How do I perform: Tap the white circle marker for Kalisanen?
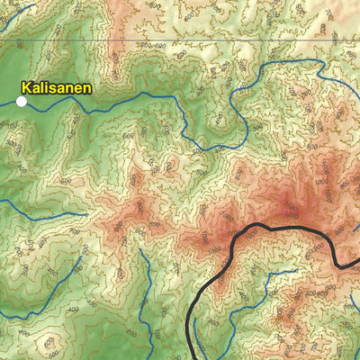[x=22, y=102]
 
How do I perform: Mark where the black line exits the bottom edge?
[x=190, y=358]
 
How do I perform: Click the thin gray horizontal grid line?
[x=180, y=40]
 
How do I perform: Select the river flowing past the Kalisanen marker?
[x=108, y=106]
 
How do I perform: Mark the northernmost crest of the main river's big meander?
[x=270, y=66]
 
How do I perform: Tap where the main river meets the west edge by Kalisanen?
[x=2, y=105]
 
